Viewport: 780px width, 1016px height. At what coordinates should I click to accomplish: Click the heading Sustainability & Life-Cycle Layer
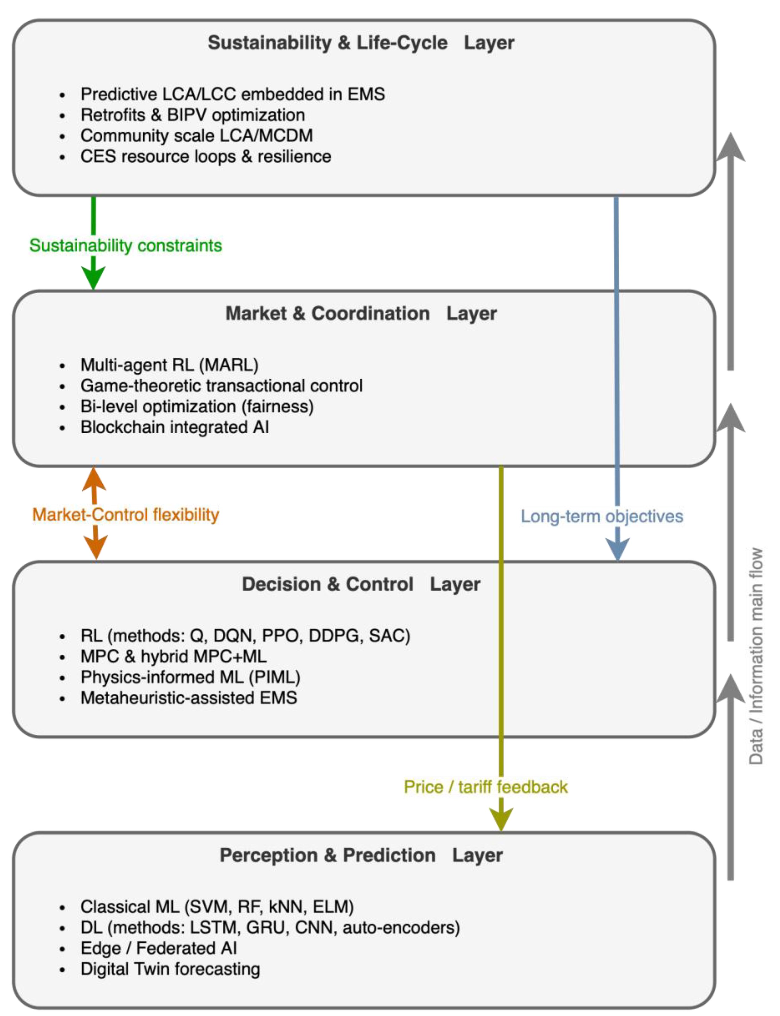pos(361,43)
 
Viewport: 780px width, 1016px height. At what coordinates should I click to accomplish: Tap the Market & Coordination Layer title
pos(361,314)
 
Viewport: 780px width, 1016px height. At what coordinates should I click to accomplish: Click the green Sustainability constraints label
pos(125,245)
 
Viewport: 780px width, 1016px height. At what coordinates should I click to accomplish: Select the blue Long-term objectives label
pos(602,516)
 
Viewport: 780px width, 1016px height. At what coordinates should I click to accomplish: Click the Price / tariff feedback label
pos(486,787)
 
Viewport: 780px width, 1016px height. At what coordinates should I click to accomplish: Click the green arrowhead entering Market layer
pos(93,278)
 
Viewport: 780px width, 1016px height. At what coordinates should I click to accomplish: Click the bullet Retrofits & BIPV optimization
pos(193,115)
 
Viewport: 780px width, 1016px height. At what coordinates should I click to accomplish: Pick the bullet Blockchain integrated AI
pos(175,427)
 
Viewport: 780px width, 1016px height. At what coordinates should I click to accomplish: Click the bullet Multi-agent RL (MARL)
pos(169,365)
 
